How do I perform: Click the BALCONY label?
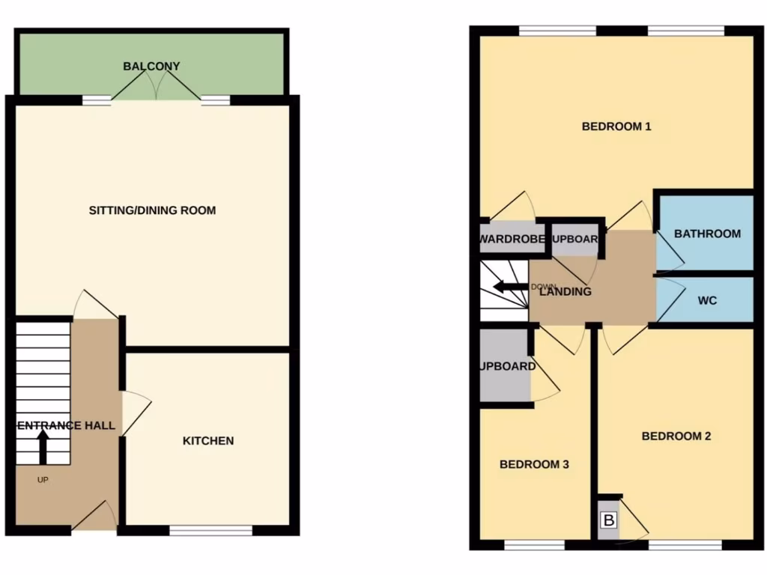coord(151,67)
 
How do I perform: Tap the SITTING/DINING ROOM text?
coord(152,210)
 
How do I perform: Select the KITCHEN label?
coord(208,441)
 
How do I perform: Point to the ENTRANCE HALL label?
coord(66,426)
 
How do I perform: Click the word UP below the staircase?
coord(43,480)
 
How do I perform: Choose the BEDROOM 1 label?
coord(616,127)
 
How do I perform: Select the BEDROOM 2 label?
coord(676,436)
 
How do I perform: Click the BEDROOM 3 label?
coord(534,464)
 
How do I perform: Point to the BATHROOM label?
coord(707,234)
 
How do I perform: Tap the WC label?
coord(707,301)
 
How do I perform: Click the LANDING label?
coord(565,292)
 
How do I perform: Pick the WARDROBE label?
coord(512,240)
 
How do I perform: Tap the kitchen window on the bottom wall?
coord(210,530)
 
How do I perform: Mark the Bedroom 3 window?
coord(534,545)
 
